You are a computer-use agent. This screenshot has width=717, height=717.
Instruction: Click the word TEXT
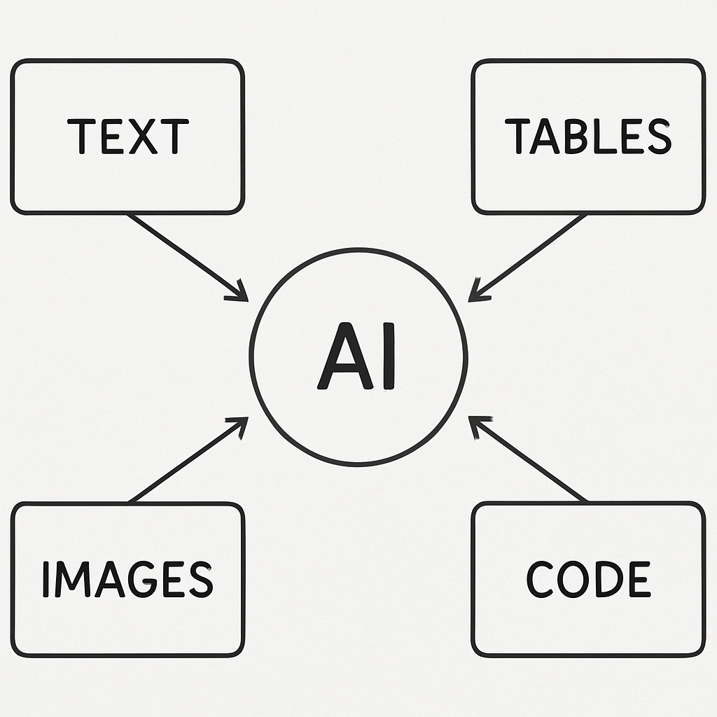click(128, 137)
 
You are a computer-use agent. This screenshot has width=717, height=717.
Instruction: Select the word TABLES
click(588, 137)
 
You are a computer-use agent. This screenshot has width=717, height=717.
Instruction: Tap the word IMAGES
click(128, 579)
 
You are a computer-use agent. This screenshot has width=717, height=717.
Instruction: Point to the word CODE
click(588, 579)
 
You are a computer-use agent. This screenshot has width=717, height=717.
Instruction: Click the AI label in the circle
click(356, 356)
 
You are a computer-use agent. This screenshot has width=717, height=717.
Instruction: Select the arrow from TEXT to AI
click(188, 257)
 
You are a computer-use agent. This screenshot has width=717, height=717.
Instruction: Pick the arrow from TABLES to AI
click(528, 257)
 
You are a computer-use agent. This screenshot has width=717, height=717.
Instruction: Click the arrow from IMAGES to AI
click(188, 459)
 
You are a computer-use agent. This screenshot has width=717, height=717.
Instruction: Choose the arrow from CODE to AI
click(528, 459)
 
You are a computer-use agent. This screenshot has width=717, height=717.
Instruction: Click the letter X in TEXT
click(143, 137)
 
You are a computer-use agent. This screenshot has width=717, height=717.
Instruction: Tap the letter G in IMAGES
click(143, 579)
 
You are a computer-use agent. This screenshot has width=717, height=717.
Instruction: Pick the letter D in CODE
click(610, 579)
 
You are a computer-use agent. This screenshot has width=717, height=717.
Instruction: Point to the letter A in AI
click(344, 356)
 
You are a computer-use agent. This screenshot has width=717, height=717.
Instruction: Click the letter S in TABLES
click(660, 137)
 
